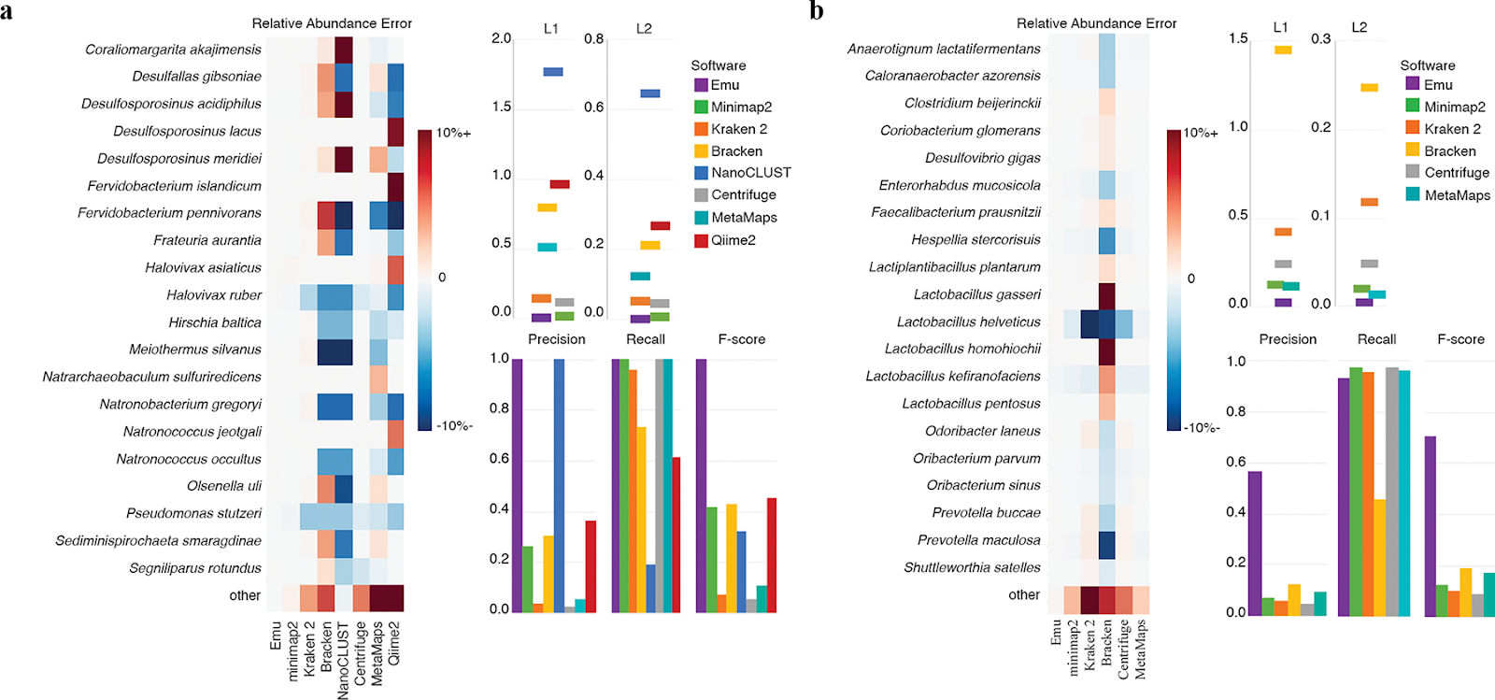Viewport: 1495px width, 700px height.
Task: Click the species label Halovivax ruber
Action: point(214,295)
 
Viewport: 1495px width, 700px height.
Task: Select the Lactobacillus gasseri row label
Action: point(976,294)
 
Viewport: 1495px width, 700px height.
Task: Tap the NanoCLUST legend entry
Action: point(750,173)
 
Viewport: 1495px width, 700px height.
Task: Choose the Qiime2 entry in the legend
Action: point(733,240)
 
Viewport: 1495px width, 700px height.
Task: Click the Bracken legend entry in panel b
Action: point(1449,151)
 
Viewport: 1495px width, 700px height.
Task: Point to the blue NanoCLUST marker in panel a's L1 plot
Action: point(552,72)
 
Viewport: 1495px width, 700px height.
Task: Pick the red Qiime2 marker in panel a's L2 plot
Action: point(660,225)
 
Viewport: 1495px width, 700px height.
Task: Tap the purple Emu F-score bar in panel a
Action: point(701,486)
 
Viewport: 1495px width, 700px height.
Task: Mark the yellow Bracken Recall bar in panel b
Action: point(1379,557)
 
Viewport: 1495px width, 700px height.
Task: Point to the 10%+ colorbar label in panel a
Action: point(453,134)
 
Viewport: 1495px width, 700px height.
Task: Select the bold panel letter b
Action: point(817,11)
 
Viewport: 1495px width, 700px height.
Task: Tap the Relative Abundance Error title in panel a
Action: point(332,23)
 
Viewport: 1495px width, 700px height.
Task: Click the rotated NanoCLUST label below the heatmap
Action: point(343,660)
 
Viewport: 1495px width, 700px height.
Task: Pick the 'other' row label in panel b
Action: point(1024,595)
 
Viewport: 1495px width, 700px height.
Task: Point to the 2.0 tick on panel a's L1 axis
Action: point(501,38)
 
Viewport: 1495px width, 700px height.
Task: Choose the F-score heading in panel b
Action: point(1460,339)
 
